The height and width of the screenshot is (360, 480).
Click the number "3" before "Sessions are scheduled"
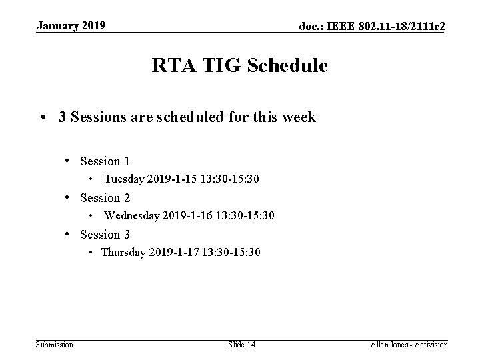61,117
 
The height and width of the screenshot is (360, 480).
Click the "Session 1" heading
105,161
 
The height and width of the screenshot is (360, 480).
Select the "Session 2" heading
105,198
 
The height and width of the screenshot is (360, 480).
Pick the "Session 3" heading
105,235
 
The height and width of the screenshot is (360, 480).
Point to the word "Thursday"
123,253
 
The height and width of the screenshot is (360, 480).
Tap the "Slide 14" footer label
241,344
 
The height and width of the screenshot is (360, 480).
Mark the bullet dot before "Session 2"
69,198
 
